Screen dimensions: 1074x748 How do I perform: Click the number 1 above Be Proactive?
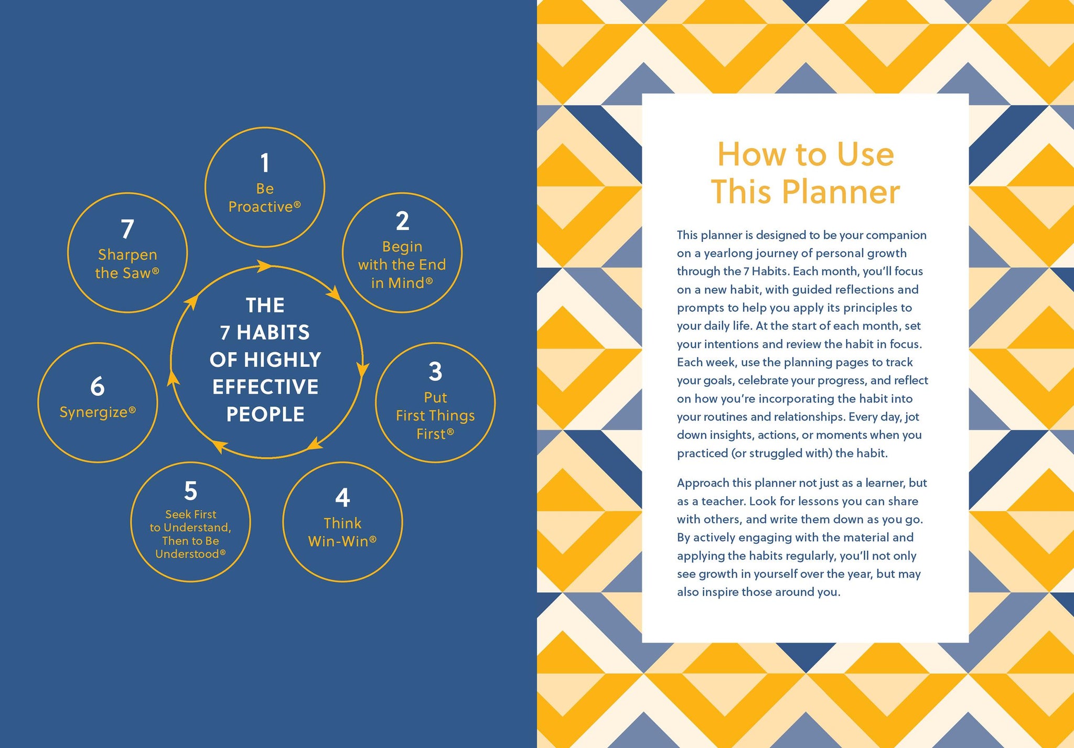pyautogui.click(x=265, y=163)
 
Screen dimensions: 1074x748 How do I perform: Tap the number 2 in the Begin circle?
pyautogui.click(x=402, y=221)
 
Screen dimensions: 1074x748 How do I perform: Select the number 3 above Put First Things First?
pyautogui.click(x=435, y=371)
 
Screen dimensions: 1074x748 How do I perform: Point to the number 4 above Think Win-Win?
pyautogui.click(x=342, y=498)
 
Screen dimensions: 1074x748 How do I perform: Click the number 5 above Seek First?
pyautogui.click(x=190, y=491)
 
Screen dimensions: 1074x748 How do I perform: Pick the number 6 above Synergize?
pyautogui.click(x=98, y=386)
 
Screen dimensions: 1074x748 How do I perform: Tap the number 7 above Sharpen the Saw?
pyautogui.click(x=127, y=229)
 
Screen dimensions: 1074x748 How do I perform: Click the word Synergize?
pyautogui.click(x=94, y=413)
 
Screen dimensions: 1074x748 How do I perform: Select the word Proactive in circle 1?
pyautogui.click(x=261, y=207)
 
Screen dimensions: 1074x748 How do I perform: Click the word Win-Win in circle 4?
pyautogui.click(x=338, y=541)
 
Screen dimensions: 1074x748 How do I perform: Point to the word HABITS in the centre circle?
pyautogui.click(x=273, y=332)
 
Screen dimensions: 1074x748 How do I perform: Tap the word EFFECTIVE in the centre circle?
pyautogui.click(x=265, y=387)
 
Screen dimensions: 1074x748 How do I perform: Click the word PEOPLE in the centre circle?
pyautogui.click(x=265, y=414)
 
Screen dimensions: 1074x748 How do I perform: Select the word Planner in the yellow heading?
pyautogui.click(x=841, y=192)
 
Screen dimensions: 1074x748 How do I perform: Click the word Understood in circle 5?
pyautogui.click(x=187, y=554)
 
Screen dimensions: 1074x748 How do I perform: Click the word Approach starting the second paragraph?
pyautogui.click(x=701, y=483)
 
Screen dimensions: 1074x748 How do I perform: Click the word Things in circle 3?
pyautogui.click(x=452, y=416)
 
